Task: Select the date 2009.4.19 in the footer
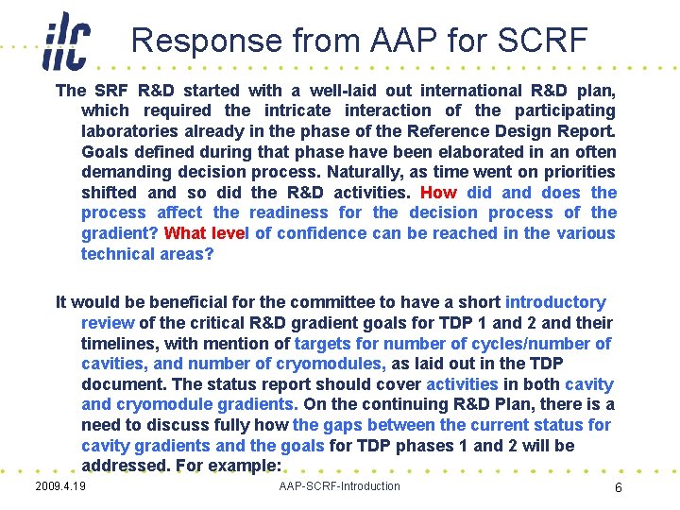pyautogui.click(x=59, y=486)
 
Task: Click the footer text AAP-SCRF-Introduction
pyautogui.click(x=340, y=486)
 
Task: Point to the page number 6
pyautogui.click(x=618, y=488)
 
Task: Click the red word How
pyautogui.click(x=439, y=193)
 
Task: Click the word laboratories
pyautogui.click(x=132, y=131)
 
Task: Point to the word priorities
pyautogui.click(x=573, y=172)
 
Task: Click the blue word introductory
pyautogui.click(x=555, y=302)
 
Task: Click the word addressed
pyautogui.click(x=124, y=467)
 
